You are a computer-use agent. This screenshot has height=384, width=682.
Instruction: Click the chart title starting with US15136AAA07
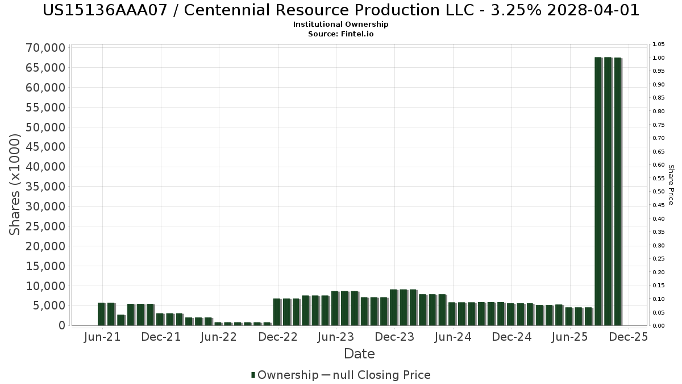coord(341,10)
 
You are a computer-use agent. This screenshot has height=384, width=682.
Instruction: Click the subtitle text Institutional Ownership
coord(341,24)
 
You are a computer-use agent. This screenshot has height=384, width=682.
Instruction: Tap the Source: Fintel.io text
coord(341,34)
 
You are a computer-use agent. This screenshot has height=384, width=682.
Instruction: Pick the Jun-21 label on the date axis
coord(103,337)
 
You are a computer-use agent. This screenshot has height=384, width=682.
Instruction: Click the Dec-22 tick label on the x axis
coord(278,337)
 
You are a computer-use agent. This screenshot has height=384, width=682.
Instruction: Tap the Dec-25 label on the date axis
coord(628,337)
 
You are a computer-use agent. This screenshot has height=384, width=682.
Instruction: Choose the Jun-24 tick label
coord(453,337)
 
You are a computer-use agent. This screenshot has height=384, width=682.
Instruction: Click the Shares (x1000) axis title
coord(15,185)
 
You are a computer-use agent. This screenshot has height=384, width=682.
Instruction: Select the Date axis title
coord(359,354)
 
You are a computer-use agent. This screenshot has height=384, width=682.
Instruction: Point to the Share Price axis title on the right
coord(671,185)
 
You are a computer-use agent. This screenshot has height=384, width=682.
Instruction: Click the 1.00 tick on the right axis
coord(658,58)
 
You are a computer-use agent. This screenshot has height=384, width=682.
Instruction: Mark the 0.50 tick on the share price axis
coord(658,192)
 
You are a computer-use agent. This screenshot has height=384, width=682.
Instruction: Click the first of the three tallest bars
coord(598,191)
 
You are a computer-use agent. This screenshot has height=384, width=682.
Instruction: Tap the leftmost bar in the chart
coord(101,314)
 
